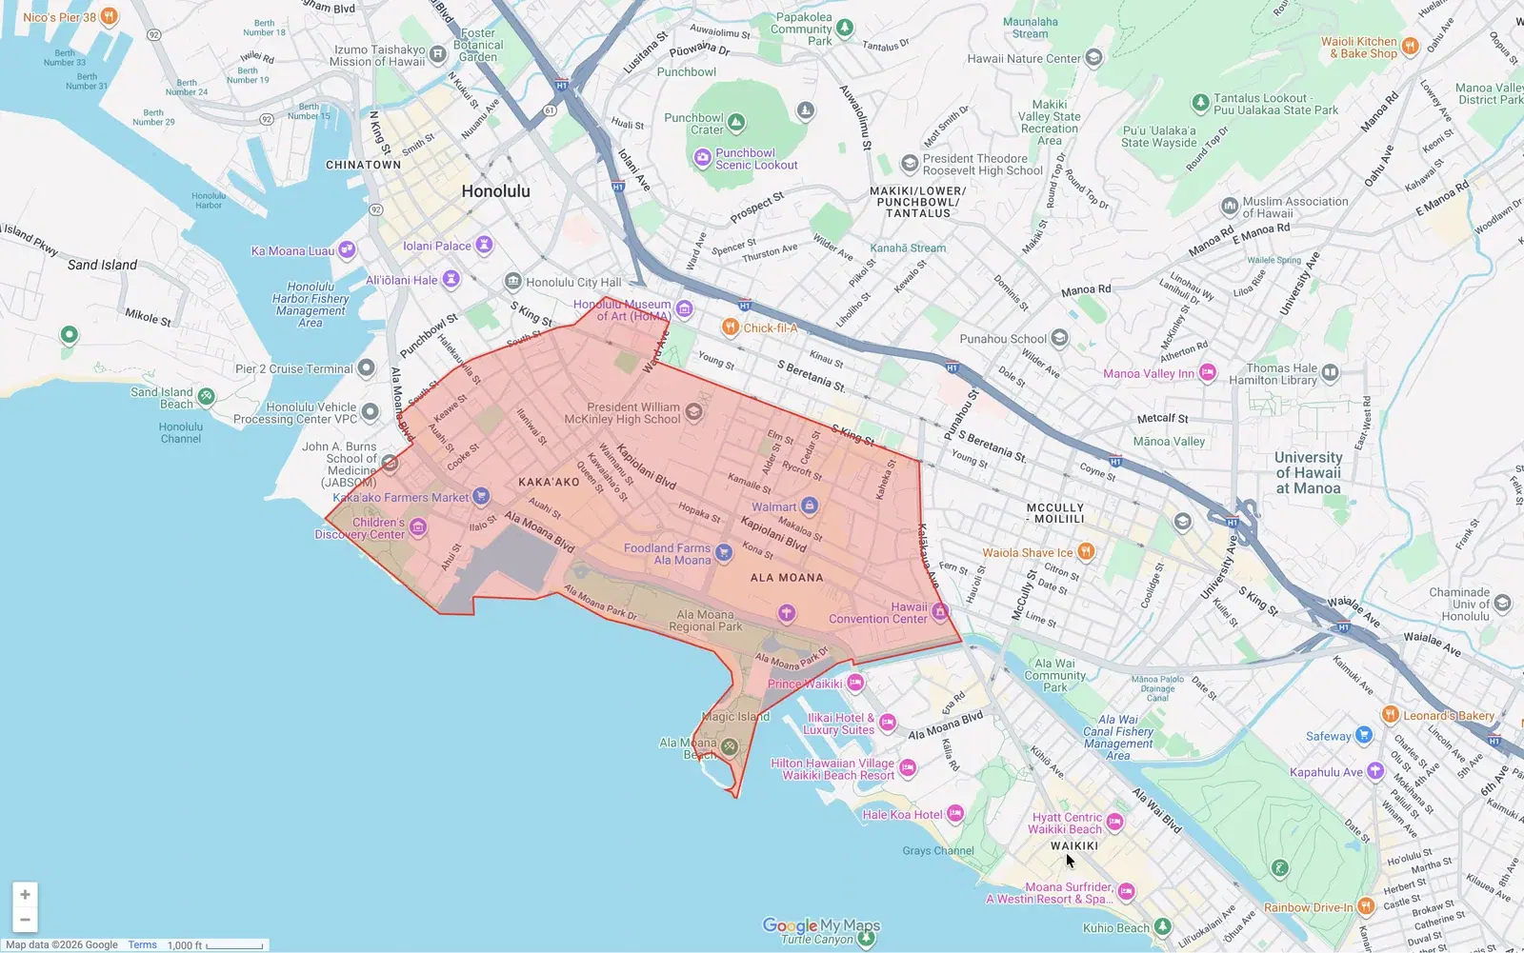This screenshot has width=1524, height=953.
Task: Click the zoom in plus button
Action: (x=25, y=894)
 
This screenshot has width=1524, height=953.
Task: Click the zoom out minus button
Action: (x=25, y=920)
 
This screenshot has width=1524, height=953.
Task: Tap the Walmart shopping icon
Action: (x=810, y=506)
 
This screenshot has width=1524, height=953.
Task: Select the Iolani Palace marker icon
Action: (x=484, y=246)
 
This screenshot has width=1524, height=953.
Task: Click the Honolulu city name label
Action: (x=495, y=191)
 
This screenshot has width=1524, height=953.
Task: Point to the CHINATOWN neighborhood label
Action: (x=363, y=165)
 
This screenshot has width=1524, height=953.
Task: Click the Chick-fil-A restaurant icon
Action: (x=730, y=328)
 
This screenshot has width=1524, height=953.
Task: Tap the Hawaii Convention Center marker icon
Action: (x=940, y=611)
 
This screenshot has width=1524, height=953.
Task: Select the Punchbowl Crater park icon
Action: (x=736, y=123)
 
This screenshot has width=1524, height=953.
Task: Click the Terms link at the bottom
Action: (x=142, y=944)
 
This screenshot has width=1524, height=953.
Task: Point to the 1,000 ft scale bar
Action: (x=233, y=945)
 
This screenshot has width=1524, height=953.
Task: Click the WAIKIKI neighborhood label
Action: (x=1074, y=845)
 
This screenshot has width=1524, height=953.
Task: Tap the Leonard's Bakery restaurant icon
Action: (x=1390, y=715)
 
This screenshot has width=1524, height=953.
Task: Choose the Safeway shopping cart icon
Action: (x=1363, y=735)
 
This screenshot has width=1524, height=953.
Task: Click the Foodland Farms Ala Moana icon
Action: (x=723, y=552)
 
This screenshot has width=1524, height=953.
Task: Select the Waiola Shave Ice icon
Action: (x=1085, y=552)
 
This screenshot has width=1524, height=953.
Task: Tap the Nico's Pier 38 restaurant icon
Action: (x=110, y=16)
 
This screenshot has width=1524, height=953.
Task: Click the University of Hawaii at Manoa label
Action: (x=1308, y=472)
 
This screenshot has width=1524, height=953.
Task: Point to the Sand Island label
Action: (x=102, y=265)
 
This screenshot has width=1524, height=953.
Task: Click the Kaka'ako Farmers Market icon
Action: (x=481, y=495)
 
